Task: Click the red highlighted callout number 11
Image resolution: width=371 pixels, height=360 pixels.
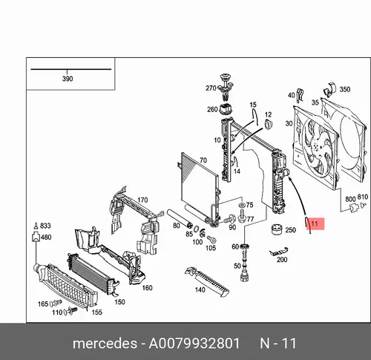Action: coord(315,224)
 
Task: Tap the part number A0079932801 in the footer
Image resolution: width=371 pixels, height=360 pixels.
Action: coord(194,344)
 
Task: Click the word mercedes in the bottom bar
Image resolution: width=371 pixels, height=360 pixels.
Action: coord(105,344)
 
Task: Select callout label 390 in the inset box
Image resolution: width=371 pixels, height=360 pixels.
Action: coord(68,79)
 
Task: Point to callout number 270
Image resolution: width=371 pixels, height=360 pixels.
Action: coord(211,88)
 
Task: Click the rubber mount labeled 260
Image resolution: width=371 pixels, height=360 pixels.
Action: coord(226,109)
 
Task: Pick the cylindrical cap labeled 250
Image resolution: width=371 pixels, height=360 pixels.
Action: coord(277,229)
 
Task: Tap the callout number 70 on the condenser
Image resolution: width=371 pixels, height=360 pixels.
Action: coord(203,160)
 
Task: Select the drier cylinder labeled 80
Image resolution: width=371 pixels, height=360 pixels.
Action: coord(180,218)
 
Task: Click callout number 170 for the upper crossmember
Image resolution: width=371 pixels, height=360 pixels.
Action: coord(142,200)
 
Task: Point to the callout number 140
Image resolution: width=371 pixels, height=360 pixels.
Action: coord(200,289)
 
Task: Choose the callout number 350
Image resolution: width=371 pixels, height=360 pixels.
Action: coord(345,89)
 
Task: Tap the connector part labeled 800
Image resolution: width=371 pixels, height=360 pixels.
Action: coord(354,207)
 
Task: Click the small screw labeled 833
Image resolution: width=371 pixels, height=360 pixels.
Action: coord(36,226)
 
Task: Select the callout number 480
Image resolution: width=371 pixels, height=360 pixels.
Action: coord(46,238)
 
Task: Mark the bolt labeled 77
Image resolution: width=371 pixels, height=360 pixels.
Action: coord(242,216)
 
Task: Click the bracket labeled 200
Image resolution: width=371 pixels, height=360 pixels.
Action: coord(279,252)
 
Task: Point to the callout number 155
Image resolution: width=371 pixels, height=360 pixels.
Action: coord(97,312)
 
